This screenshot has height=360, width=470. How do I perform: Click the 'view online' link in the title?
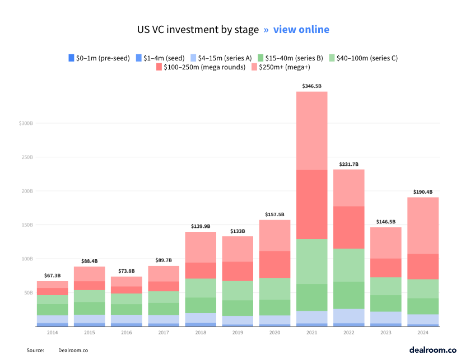click(x=301, y=29)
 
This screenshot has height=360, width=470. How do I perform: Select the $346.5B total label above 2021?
click(x=311, y=86)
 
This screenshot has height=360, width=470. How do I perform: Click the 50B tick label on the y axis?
click(x=28, y=293)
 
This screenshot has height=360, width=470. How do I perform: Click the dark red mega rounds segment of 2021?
click(x=311, y=204)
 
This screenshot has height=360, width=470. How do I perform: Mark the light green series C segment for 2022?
click(x=348, y=265)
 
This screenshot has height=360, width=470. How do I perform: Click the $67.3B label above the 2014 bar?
click(x=53, y=275)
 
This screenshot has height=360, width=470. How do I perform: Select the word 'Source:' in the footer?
click(x=35, y=350)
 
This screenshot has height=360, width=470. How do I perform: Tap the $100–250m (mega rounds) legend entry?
click(x=201, y=67)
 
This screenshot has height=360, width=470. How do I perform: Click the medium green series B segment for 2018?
click(x=201, y=305)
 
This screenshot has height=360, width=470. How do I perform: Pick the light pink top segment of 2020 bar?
click(x=274, y=235)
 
